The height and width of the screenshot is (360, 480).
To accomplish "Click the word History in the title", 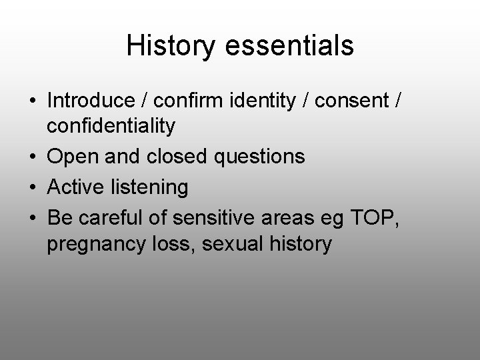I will [169, 46].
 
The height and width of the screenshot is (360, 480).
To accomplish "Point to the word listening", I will [151, 188].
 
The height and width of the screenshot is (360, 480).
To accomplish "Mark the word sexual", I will [229, 244].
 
